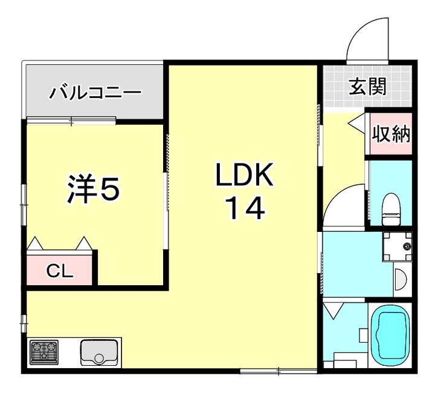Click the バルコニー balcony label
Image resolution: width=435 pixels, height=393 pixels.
pos(95,93)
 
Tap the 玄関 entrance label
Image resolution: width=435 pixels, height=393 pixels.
pos(367,88)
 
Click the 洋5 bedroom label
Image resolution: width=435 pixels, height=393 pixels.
pos(93,190)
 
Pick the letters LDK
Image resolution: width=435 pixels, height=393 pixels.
pos(245,176)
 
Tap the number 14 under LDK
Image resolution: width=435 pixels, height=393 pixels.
pos(245,209)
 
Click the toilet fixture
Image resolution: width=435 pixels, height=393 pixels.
pos(391,206)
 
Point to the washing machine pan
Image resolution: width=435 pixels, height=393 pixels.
pos(396,246)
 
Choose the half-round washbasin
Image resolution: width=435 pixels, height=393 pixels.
pos(400,280)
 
